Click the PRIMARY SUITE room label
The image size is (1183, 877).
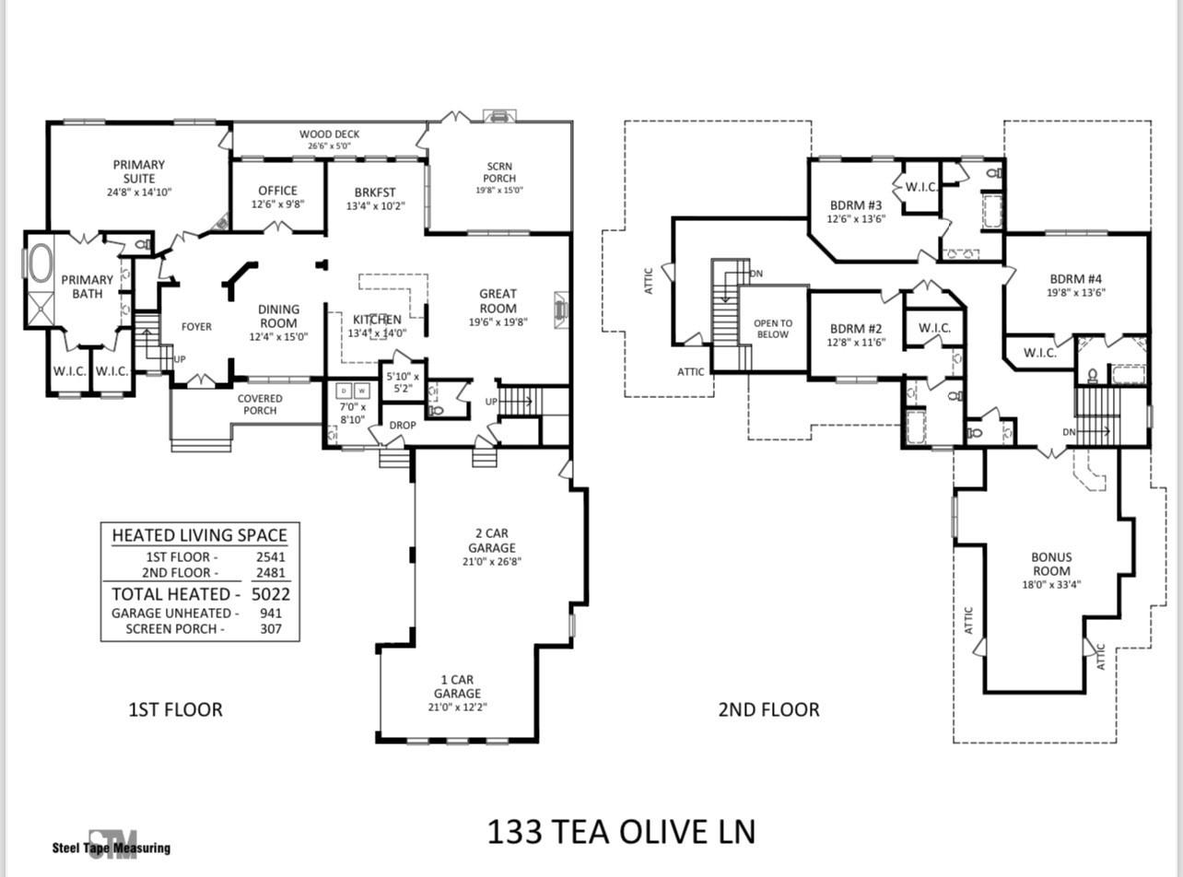coord(139,171)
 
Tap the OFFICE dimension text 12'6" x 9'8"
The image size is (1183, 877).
coord(278,205)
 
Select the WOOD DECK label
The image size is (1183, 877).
coord(329,134)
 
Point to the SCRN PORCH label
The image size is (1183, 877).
coord(499,172)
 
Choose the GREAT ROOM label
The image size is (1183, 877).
coord(498,301)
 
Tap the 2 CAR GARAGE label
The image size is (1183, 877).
coord(492,541)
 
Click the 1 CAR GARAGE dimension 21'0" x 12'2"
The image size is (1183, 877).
coord(458,707)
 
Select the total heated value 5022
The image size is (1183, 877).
coord(271,594)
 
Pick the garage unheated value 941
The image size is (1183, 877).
coord(271,614)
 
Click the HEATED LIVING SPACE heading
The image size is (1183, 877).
coord(200,535)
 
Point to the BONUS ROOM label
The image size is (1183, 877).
coord(1050,564)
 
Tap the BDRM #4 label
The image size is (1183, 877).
coord(1076,279)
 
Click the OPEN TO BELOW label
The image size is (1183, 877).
coord(773,329)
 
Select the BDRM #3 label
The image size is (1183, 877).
coord(856,205)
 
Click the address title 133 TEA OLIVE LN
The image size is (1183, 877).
coord(621,832)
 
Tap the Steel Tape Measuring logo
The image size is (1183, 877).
coord(111,845)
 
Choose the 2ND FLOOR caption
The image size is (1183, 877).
coord(768,709)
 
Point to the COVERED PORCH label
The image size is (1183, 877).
coord(260,404)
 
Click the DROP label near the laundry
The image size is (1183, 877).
coord(403,426)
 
